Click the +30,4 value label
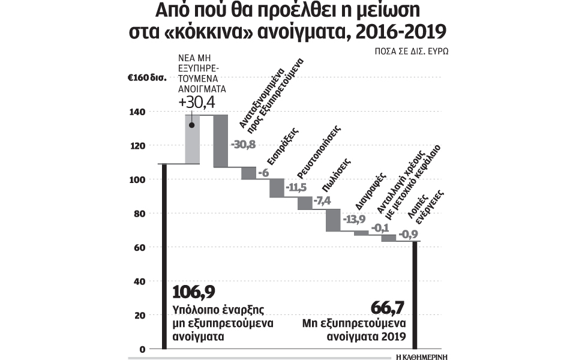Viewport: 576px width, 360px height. [196, 104]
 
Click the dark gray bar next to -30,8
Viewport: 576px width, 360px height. [220, 140]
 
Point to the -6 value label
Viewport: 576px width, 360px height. [263, 173]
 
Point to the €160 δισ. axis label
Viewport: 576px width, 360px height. [145, 78]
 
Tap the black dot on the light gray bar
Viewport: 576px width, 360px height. [192, 125]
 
